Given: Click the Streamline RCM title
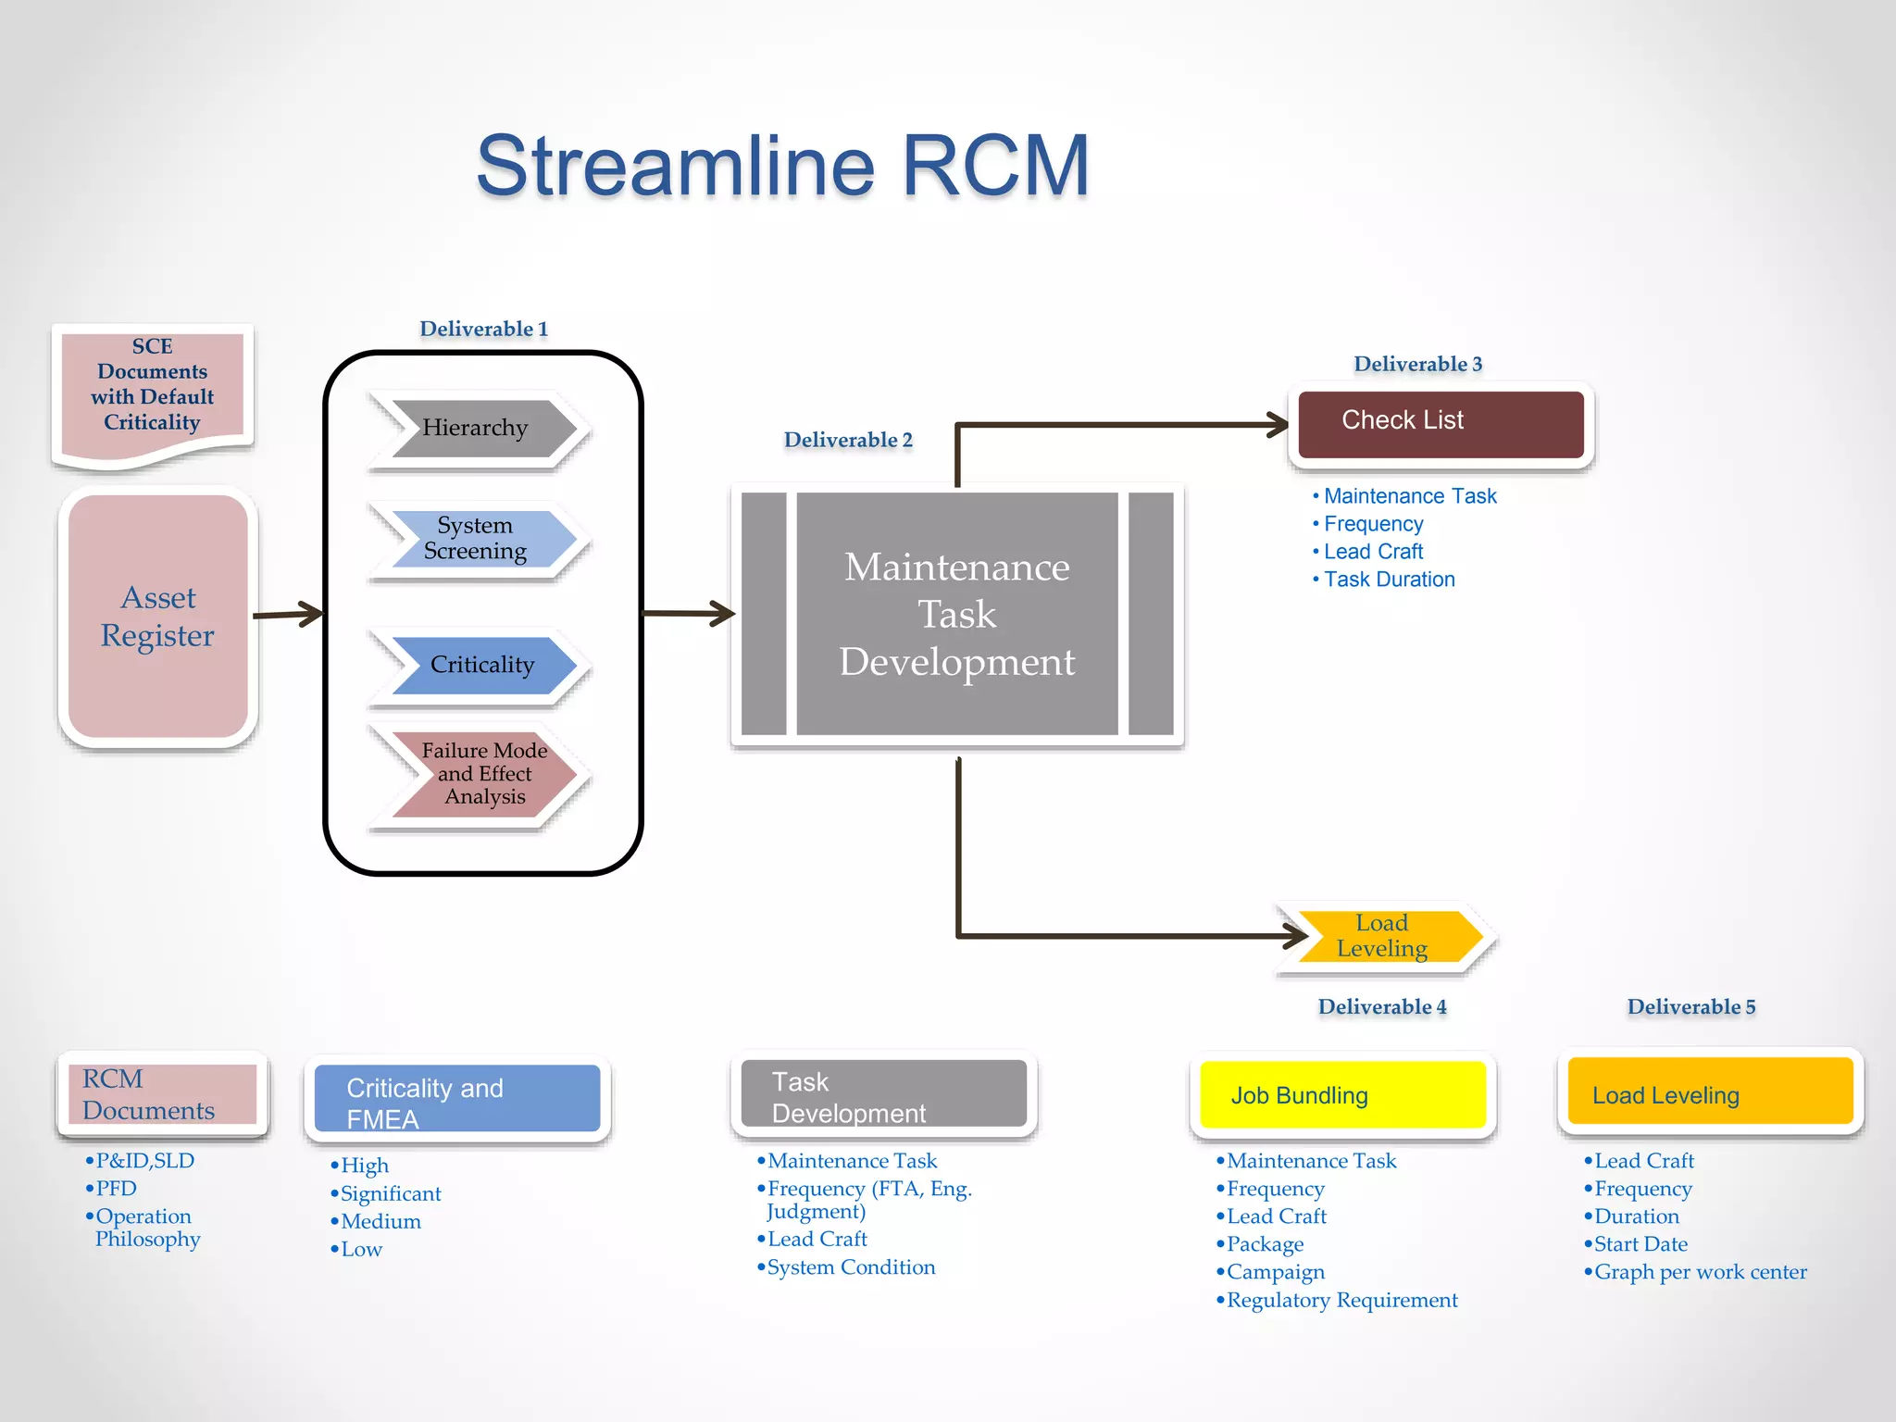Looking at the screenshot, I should coord(782,167).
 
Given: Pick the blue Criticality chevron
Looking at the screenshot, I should coord(481,665).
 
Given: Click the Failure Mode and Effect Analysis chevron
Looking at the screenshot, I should coord(483,774).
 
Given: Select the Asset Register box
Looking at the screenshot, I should coord(157,617).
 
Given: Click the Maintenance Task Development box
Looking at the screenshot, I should coord(956,614).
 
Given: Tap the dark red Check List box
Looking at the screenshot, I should coord(1440,422).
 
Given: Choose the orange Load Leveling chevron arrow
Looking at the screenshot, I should coord(1384,936).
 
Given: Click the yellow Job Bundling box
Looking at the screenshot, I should coord(1341,1095).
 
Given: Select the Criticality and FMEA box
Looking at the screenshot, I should coord(457,1099).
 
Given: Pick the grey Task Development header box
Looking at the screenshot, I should coord(883,1095).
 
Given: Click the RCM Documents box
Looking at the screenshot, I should coord(162,1094).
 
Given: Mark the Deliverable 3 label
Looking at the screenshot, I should coord(1417,364).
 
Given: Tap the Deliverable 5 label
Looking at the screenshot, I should coord(1690,1007).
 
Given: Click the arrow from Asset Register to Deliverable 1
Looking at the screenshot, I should coord(287,614).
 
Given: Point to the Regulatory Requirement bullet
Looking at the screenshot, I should coord(1341,1300).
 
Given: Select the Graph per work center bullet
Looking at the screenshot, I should coord(1699,1272).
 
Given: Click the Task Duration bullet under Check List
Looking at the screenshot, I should coord(1388,580).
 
